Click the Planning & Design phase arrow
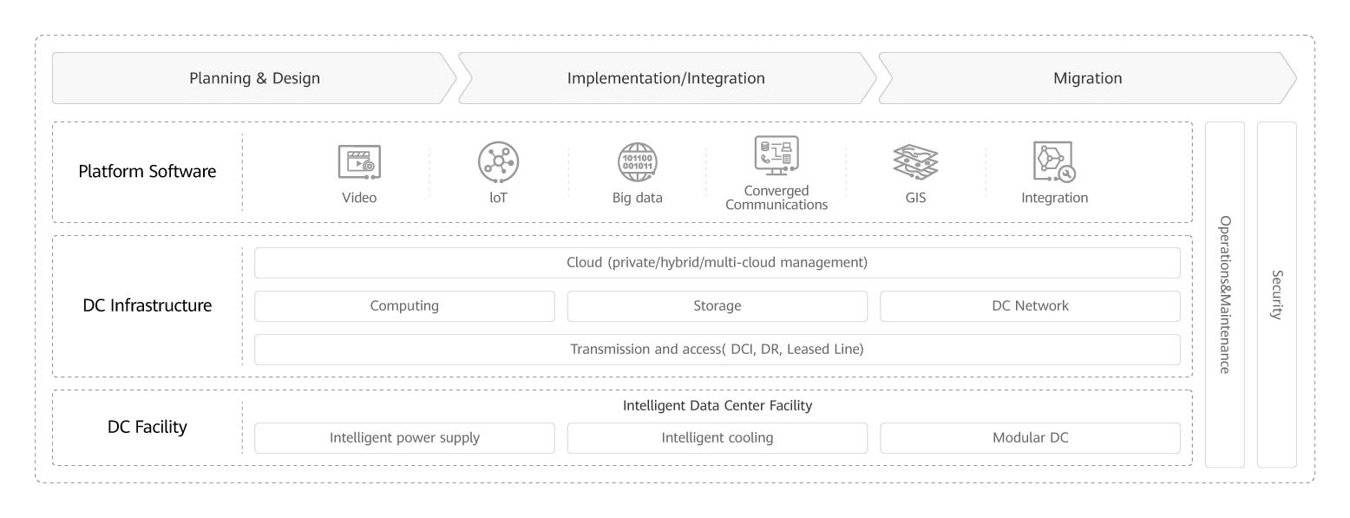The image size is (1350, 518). coord(254,78)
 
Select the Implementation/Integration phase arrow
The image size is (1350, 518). coord(665,78)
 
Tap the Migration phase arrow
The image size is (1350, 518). coord(1087,78)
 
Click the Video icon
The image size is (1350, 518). coord(359,162)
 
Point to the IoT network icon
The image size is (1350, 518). coord(497,162)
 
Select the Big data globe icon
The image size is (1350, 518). coord(637,162)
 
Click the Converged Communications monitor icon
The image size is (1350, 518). coord(776,156)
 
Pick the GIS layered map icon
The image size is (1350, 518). coord(915,162)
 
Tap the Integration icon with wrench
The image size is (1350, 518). coord(1054,162)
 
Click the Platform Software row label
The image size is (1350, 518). coord(147,172)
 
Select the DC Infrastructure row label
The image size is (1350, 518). coord(147,305)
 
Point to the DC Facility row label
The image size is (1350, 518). coord(147,427)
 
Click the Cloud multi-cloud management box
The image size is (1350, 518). coord(717,262)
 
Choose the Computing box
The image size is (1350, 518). coord(404,306)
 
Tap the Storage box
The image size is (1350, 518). coord(717,306)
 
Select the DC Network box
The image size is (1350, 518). coord(1030,306)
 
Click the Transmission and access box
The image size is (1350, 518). coord(717,350)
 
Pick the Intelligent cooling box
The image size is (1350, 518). coord(717,438)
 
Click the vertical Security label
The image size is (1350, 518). coord(1276,295)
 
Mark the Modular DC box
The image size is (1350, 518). coord(1030,438)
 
